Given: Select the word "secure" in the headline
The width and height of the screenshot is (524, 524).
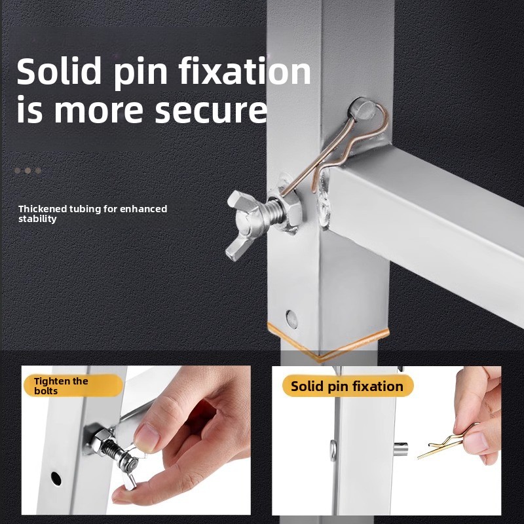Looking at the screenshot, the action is [x=211, y=109].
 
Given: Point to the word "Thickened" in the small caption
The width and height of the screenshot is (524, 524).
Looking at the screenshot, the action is [x=43, y=209].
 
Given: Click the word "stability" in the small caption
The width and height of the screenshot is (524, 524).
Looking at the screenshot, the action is [x=37, y=219].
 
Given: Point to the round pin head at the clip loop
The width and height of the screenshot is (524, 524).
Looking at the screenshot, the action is [x=363, y=109].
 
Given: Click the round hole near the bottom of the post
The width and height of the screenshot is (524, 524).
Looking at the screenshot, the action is [x=291, y=319].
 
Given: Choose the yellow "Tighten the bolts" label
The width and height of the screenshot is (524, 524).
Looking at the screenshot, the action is [x=73, y=386].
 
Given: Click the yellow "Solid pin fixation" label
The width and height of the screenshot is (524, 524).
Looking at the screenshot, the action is [x=348, y=386].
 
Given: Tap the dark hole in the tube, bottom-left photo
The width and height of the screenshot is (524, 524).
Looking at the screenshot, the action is [x=56, y=479].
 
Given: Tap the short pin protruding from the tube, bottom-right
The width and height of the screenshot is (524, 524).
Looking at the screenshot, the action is [x=401, y=449].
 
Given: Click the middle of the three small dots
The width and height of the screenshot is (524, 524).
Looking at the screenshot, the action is [x=28, y=171].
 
